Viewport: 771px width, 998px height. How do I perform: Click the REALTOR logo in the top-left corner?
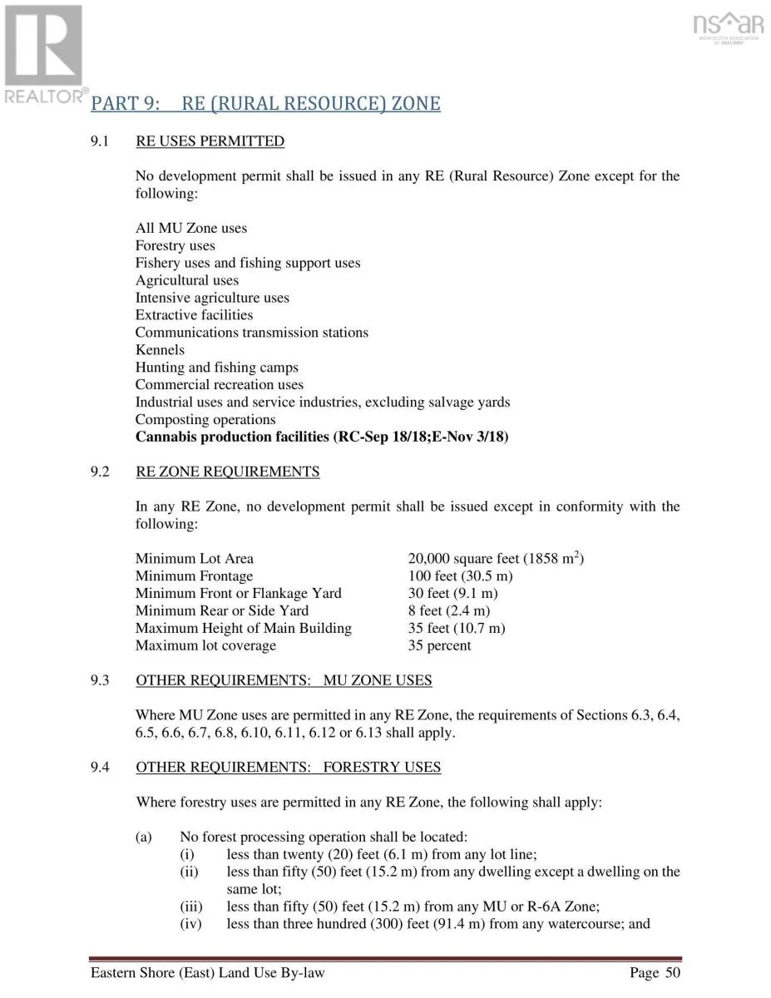43,53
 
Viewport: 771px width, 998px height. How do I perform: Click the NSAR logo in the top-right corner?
729,27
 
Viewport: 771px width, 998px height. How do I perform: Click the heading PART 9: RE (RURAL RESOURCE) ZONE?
265,104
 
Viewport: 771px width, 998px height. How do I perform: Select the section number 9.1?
100,141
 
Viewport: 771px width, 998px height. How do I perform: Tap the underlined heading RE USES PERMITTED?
210,141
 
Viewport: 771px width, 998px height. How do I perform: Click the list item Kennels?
160,350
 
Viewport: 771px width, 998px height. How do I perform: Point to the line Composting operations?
205,420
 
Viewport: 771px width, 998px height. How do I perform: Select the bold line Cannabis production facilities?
322,437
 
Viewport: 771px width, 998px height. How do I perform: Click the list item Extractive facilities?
194,315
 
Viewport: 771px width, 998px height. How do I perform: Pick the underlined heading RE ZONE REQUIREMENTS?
227,472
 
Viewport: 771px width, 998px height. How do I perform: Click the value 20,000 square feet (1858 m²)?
496,558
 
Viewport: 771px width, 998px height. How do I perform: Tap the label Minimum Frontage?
194,576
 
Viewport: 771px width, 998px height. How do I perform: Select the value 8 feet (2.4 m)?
448,611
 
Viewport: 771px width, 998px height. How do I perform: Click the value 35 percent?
439,646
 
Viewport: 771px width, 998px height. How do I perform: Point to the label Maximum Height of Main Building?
243,629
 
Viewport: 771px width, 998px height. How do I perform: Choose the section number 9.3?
100,681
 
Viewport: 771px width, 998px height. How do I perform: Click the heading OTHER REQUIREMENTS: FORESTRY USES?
288,768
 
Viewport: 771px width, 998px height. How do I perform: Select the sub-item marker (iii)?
191,907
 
